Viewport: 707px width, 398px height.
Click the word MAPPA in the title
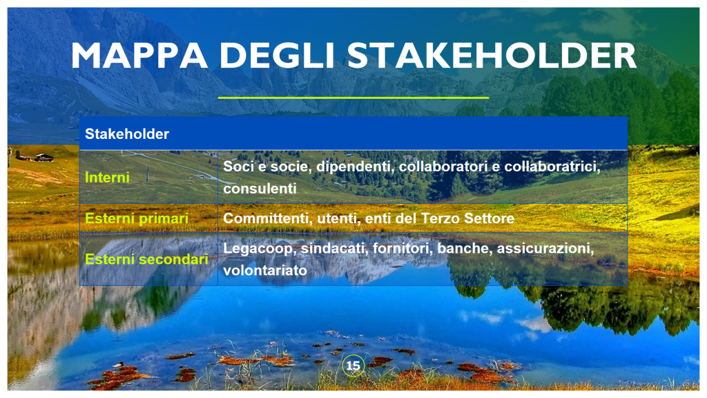click(139, 55)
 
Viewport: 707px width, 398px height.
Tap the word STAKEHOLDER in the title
click(492, 55)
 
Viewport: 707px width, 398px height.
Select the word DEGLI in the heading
click(277, 55)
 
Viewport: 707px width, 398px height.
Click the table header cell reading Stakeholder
click(127, 134)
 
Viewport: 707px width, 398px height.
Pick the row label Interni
click(107, 178)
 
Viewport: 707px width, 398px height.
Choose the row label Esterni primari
click(137, 218)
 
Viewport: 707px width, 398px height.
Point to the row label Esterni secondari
click(146, 259)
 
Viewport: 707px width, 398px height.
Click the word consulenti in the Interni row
click(260, 189)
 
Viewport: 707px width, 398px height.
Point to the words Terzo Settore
click(467, 218)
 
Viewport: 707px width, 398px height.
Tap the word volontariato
click(265, 270)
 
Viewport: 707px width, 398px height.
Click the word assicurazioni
click(545, 248)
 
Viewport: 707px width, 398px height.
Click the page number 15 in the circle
click(353, 366)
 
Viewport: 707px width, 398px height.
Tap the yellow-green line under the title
click(353, 97)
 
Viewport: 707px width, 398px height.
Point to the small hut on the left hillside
click(43, 158)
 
